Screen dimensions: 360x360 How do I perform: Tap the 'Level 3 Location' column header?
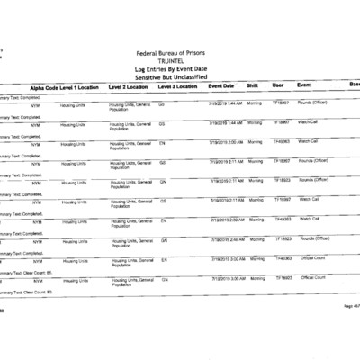(178, 86)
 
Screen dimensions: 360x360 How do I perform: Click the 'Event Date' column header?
(221, 86)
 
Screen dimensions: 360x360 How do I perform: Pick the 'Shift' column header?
(253, 86)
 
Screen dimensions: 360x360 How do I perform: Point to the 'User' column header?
(278, 86)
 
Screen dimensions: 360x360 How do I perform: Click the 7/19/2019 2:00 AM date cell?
(225, 142)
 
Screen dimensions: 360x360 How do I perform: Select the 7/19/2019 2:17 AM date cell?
(225, 181)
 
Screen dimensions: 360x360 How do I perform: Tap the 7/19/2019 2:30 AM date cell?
(225, 220)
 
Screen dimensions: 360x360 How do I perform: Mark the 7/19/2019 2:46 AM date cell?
(225, 239)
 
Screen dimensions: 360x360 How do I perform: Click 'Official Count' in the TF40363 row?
(314, 258)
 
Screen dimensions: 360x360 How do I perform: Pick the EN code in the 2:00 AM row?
(163, 142)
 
